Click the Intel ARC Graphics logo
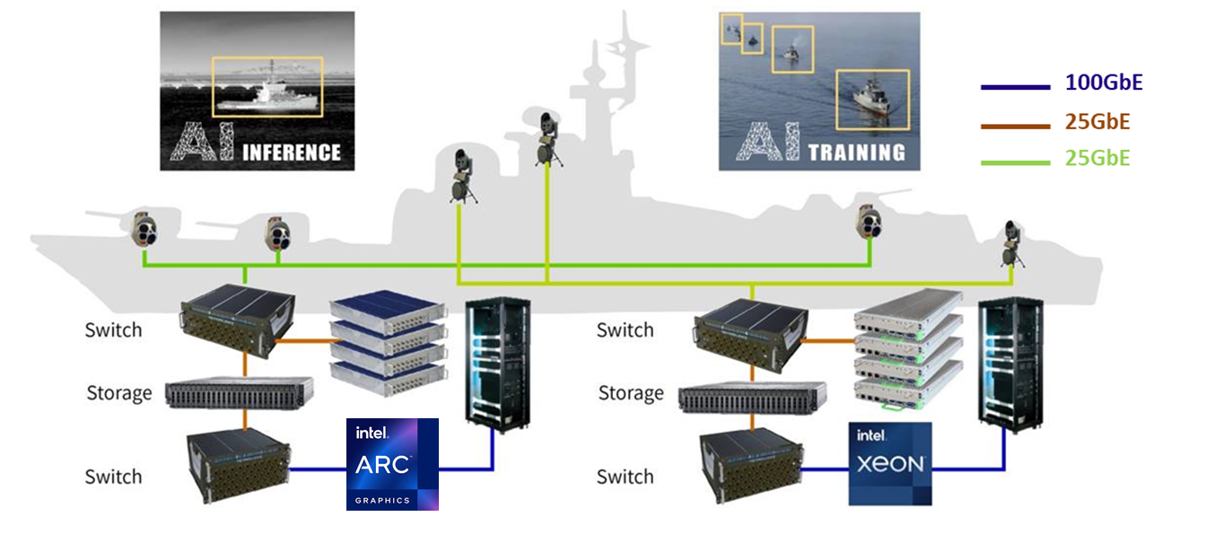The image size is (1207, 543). [x=392, y=464]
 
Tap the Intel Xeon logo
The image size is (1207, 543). [x=890, y=463]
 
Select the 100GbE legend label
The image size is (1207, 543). [x=1103, y=83]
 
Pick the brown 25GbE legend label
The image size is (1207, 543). [x=1097, y=122]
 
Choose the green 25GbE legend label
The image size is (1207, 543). [x=1097, y=159]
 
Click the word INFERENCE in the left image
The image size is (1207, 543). [x=292, y=151]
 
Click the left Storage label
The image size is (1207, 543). [x=118, y=393]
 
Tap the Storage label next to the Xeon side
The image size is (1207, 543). [x=631, y=393]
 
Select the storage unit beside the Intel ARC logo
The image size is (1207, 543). [x=240, y=393]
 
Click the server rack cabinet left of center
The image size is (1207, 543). [x=495, y=363]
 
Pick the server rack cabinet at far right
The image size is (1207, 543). [x=1010, y=363]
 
